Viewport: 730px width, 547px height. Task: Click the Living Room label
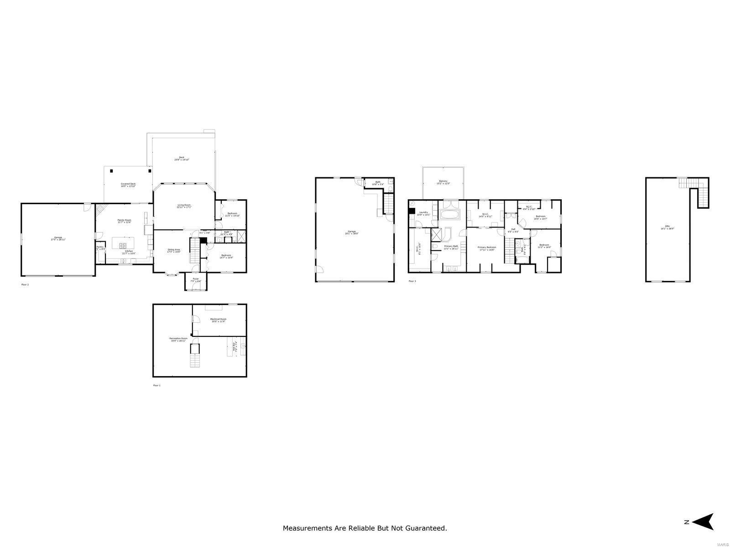click(x=184, y=206)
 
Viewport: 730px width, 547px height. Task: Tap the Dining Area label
click(x=174, y=250)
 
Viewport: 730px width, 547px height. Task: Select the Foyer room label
click(x=196, y=279)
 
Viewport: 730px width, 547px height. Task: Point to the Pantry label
click(x=99, y=247)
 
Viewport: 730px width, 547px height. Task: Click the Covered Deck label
click(x=128, y=184)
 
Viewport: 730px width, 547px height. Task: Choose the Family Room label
click(x=125, y=220)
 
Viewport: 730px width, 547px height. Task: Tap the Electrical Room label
click(x=218, y=319)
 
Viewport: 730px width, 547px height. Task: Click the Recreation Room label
click(x=178, y=339)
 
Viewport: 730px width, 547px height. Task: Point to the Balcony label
click(x=443, y=181)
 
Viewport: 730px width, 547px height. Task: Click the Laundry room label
click(x=423, y=212)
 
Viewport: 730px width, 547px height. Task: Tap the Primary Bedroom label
click(x=487, y=248)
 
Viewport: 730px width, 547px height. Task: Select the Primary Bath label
click(x=451, y=247)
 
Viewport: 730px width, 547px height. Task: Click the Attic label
click(x=667, y=227)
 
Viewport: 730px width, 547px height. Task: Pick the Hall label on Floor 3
click(x=513, y=229)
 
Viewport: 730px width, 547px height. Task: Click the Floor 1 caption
click(x=156, y=386)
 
